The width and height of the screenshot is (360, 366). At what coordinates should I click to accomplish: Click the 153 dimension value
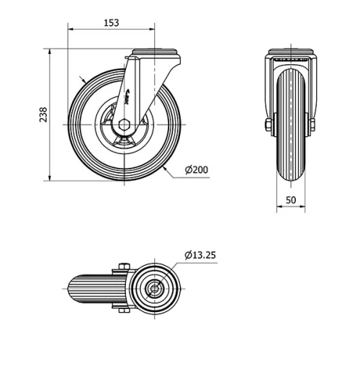coord(111,22)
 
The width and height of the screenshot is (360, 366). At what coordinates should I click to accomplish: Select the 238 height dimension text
coord(42,115)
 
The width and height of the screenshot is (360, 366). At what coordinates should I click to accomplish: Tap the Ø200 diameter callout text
coord(197,169)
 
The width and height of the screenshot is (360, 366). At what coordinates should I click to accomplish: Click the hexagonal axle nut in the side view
coord(124,124)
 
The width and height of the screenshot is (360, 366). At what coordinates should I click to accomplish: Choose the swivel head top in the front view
coord(292,52)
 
